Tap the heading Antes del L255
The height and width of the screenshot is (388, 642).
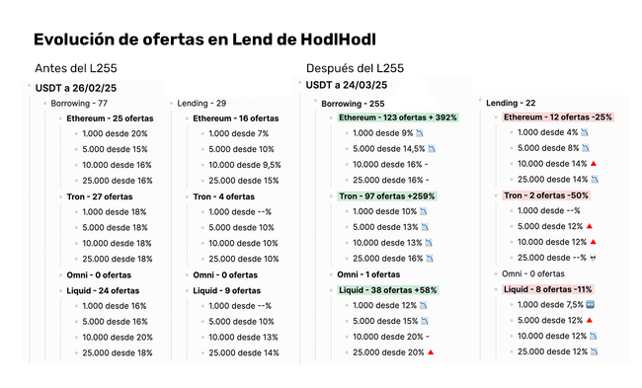(76, 68)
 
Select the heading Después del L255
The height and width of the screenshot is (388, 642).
(355, 68)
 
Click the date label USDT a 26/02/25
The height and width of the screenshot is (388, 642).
(76, 88)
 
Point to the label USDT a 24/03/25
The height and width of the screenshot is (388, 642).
(347, 85)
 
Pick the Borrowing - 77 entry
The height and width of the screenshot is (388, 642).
(79, 103)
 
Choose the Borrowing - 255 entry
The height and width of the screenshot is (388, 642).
(353, 104)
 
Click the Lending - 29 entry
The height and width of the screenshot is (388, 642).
(201, 103)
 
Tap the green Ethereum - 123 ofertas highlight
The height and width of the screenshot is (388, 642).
(398, 117)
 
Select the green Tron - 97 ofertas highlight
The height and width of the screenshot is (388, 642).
(387, 196)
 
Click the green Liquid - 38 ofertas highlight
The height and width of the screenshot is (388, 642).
(388, 290)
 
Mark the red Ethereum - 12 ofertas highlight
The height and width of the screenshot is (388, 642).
(558, 117)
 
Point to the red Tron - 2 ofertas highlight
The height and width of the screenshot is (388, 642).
(546, 195)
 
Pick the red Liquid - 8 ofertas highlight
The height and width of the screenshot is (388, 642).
(548, 289)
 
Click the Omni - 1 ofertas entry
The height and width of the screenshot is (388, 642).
(368, 274)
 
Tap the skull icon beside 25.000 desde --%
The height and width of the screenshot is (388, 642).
(593, 258)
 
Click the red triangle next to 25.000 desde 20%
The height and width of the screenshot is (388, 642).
(431, 352)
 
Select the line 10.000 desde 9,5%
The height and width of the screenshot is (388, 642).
(245, 165)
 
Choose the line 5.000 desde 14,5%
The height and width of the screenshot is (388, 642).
(389, 148)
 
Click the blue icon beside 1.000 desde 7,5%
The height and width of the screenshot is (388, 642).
(590, 304)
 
